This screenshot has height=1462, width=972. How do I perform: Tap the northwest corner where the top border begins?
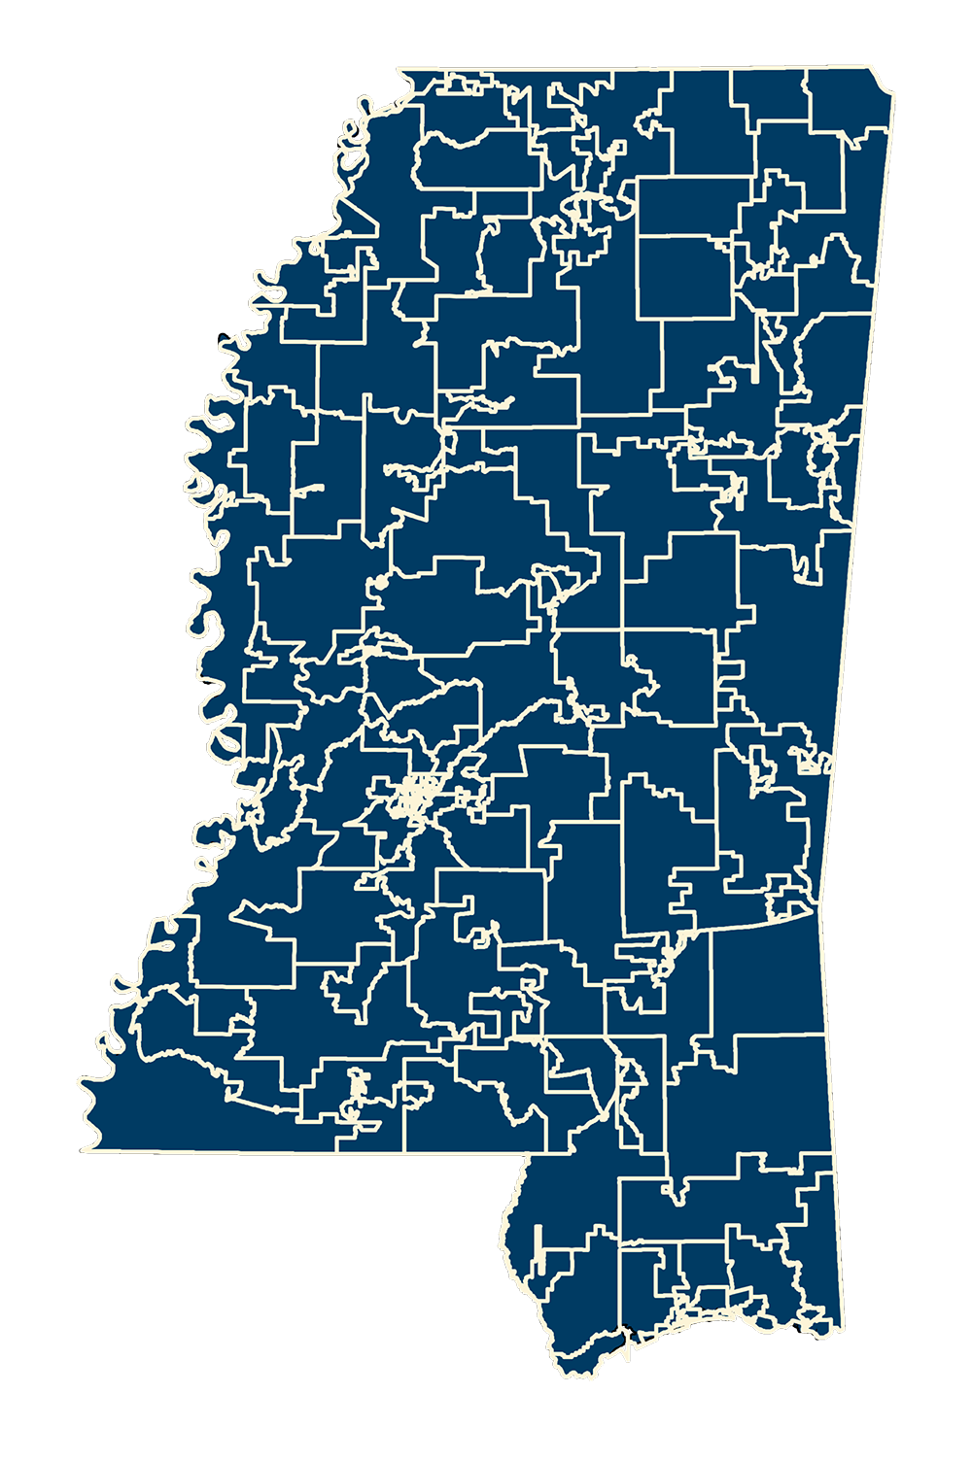tap(399, 71)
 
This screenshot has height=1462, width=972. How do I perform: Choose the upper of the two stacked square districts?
tap(693, 207)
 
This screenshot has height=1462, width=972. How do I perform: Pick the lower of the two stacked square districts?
tap(685, 276)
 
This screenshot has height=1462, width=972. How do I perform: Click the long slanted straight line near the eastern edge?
tap(748, 923)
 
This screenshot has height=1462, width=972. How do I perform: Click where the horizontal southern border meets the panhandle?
tap(529, 1155)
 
